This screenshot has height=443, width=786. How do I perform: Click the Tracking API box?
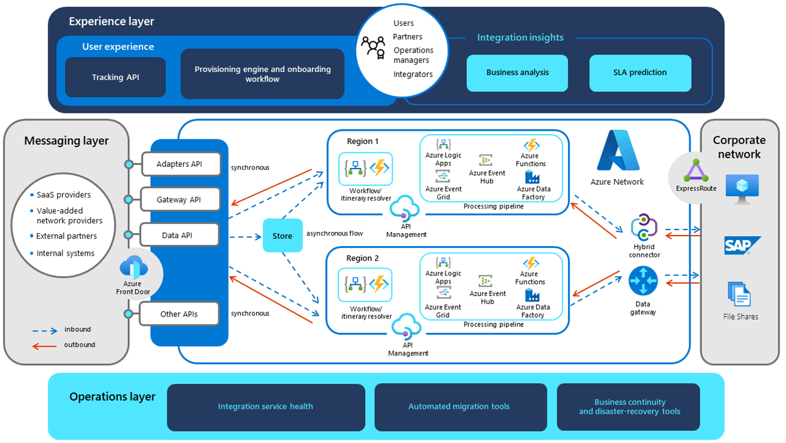pos(115,77)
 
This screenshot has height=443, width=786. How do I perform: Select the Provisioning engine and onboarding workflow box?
pos(262,74)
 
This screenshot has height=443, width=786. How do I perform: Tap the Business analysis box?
pos(517,72)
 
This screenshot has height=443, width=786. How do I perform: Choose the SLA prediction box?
pos(640,72)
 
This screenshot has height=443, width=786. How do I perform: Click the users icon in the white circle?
pos(372,48)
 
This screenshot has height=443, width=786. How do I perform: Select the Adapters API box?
pos(179,164)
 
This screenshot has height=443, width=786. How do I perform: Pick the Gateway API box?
pos(179,199)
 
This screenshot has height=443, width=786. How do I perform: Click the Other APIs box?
pos(179,314)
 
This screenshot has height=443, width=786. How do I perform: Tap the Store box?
pos(282,236)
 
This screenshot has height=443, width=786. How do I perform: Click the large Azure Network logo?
pos(618,151)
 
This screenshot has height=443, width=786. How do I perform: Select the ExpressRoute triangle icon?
pos(696,171)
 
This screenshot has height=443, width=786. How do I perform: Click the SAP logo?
pos(742,245)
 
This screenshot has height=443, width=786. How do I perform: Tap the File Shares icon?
pos(739,295)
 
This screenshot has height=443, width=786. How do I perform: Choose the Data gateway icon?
pos(643,282)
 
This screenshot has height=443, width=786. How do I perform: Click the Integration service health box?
pos(265,407)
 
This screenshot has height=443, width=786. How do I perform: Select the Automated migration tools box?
pos(459,407)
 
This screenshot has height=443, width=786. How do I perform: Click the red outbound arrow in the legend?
pos(44,345)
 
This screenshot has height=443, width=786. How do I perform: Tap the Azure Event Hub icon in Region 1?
pos(486,160)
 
